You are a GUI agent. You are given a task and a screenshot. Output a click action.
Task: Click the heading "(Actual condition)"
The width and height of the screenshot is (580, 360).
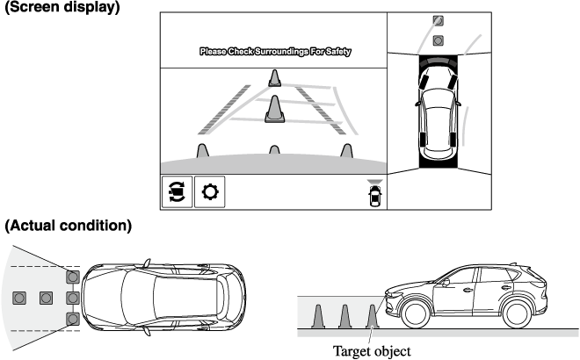tap(68, 227)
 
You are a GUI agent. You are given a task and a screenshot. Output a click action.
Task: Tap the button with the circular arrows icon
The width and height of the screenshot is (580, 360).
tap(177, 191)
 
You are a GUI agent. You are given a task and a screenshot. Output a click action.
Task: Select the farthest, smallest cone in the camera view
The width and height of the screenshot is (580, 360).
tap(275, 78)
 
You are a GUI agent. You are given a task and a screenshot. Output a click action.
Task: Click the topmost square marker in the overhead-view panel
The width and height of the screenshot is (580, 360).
tap(439, 21)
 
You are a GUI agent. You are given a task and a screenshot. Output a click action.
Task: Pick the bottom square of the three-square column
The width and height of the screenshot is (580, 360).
tap(73, 318)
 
